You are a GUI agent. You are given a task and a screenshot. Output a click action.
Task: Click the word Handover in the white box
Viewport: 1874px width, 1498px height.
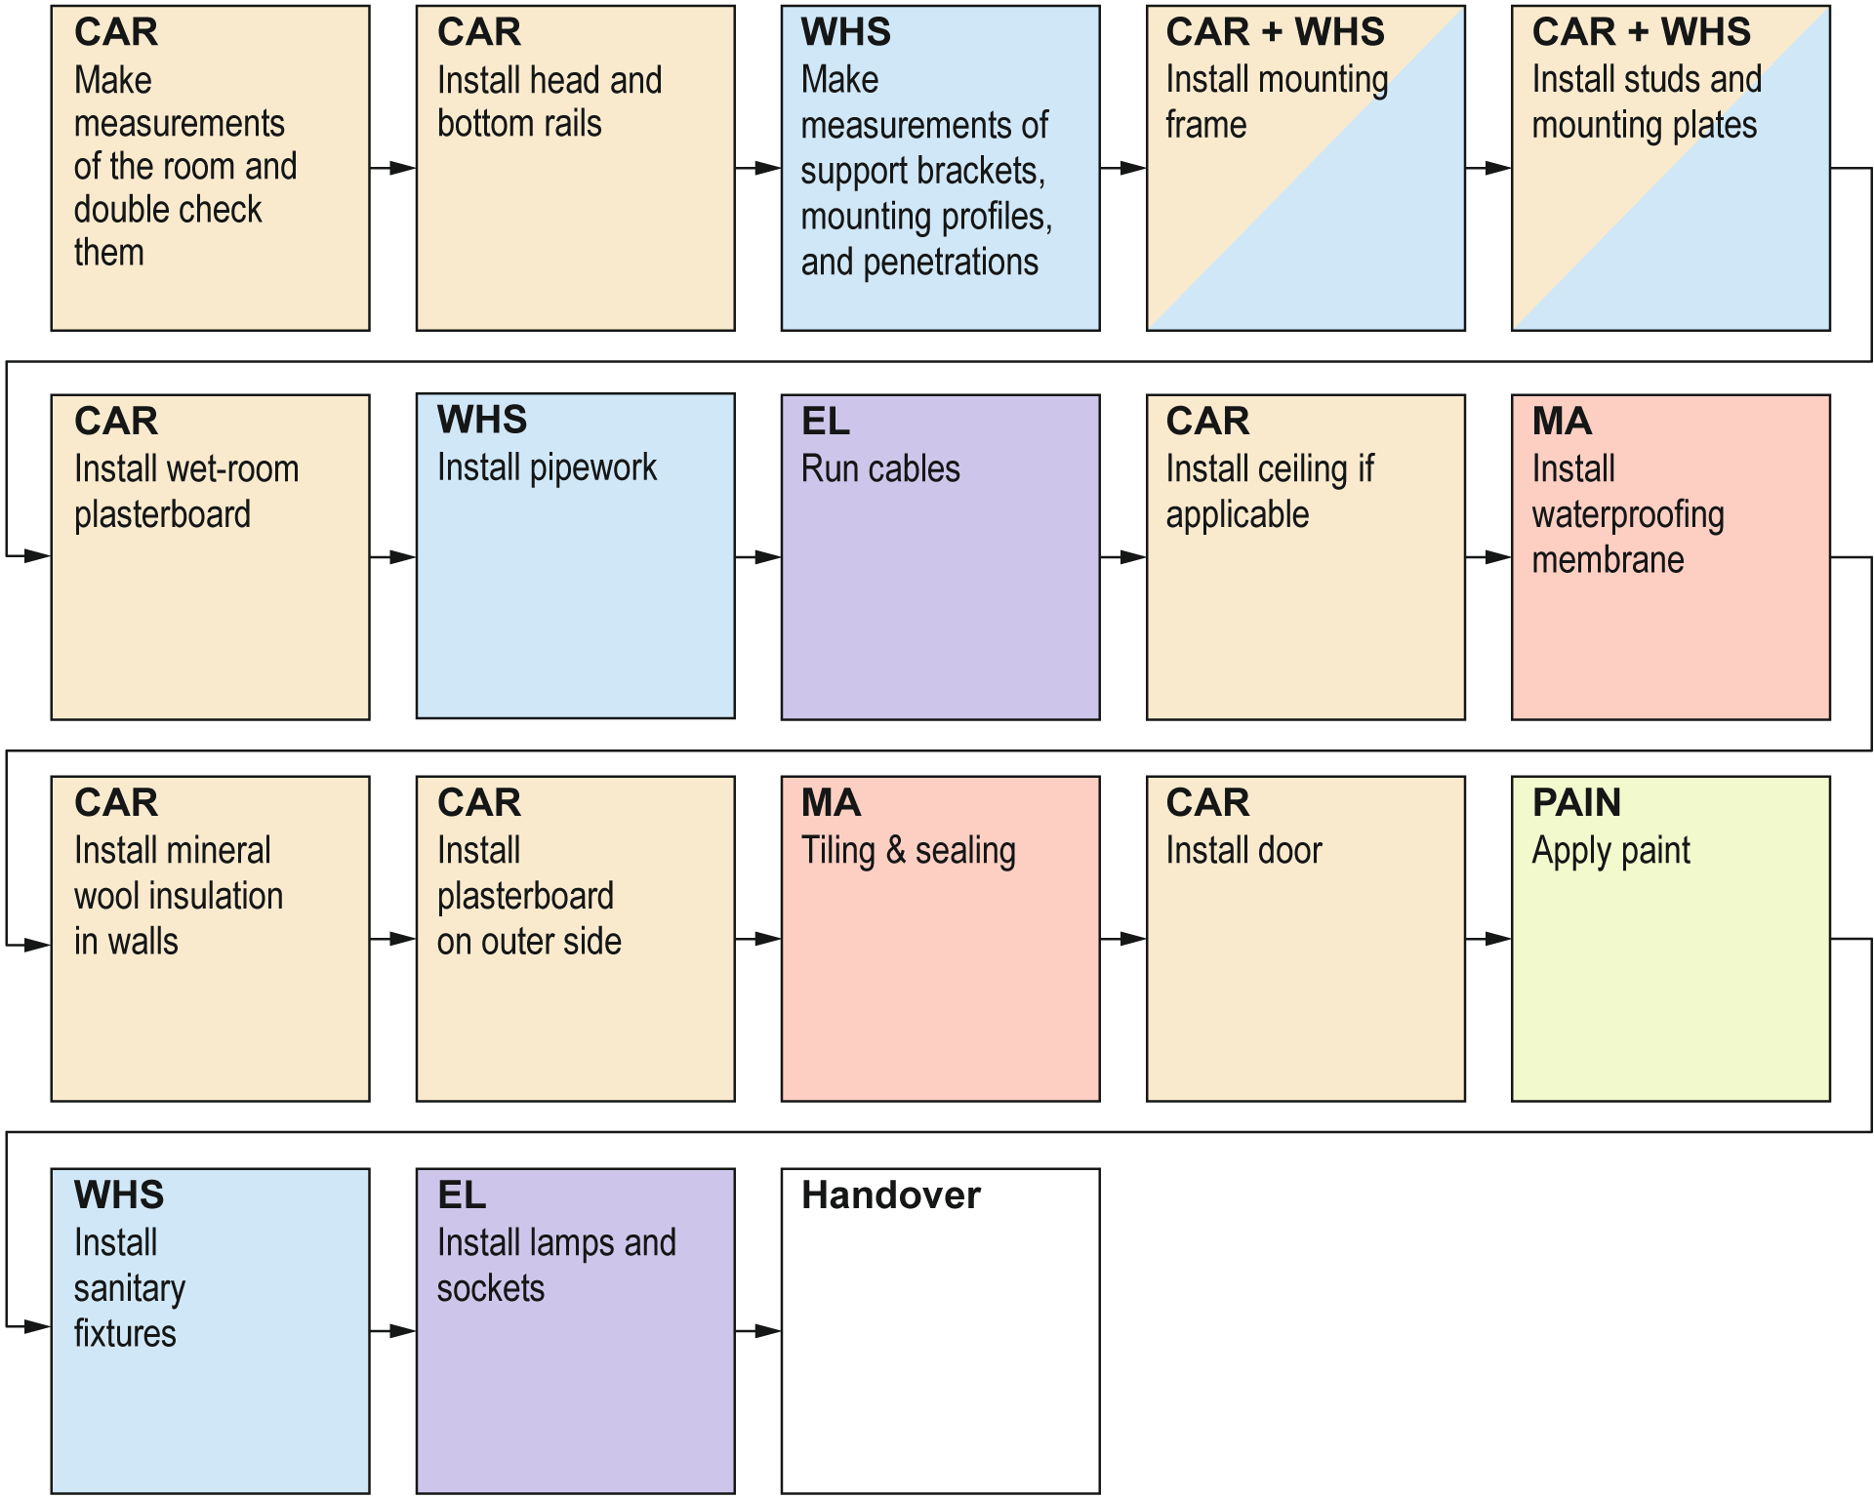(x=890, y=1195)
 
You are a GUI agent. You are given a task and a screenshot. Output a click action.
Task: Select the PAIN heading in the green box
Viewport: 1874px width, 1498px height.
(x=1575, y=803)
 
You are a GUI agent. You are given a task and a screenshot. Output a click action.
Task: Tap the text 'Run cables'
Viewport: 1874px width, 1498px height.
(x=879, y=469)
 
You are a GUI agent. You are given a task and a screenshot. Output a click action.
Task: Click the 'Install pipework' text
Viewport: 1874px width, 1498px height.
(x=547, y=468)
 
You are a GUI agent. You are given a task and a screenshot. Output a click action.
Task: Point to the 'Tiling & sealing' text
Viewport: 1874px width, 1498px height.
(x=908, y=851)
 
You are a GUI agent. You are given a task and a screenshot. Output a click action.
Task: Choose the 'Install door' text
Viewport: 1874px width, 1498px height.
(x=1243, y=851)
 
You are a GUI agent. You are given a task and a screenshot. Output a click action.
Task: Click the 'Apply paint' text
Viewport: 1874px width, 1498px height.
(x=1610, y=851)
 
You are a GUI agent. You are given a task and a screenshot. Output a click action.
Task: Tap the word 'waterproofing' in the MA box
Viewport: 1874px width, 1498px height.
(x=1627, y=515)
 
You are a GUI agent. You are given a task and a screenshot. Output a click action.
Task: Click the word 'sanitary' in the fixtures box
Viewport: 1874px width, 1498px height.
(x=129, y=1289)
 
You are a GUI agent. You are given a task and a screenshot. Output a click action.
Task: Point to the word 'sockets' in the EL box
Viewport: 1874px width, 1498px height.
(x=490, y=1289)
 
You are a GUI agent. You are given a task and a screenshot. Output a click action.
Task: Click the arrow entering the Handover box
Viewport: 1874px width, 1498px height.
(x=759, y=1331)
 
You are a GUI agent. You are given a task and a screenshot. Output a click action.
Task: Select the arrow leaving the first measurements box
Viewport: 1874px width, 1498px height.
(x=393, y=169)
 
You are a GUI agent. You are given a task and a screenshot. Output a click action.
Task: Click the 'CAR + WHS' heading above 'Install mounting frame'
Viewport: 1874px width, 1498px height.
(x=1274, y=32)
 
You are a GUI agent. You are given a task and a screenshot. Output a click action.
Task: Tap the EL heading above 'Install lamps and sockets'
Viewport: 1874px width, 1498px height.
(x=461, y=1195)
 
